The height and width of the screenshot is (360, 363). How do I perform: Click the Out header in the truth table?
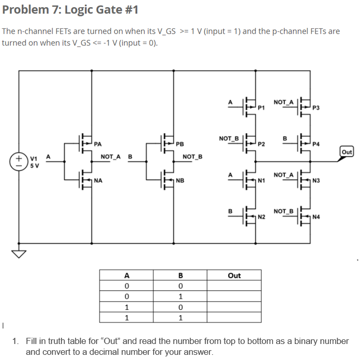(x=234, y=276)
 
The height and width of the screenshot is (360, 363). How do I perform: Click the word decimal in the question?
(x=131, y=352)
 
